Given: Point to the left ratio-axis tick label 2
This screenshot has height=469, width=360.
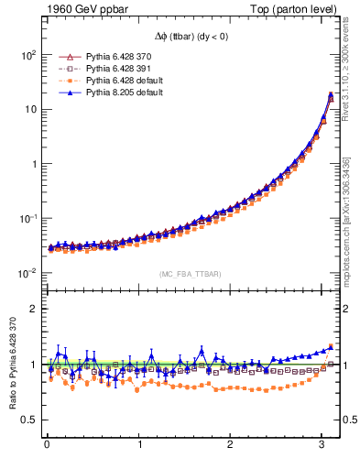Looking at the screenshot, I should pyautogui.click(x=32, y=309).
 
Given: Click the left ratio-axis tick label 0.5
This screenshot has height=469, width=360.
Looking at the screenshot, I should pyautogui.click(x=28, y=420).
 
